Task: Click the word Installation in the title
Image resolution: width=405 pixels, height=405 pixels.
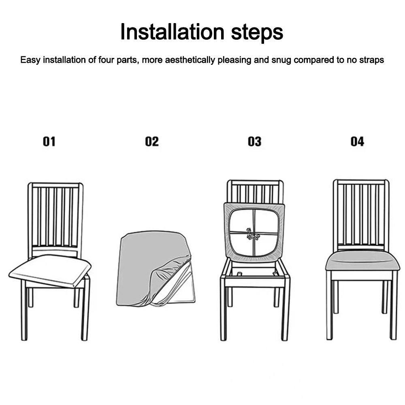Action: tap(172, 32)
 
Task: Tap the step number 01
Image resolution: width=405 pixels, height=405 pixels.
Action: tap(49, 141)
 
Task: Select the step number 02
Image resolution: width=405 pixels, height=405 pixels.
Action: tap(151, 141)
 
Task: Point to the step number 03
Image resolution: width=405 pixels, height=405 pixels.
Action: tap(254, 141)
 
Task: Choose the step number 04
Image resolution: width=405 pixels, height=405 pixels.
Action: tap(357, 141)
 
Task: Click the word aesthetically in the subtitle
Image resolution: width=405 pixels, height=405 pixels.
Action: tap(190, 60)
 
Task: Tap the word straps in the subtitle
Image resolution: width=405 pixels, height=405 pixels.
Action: tap(371, 60)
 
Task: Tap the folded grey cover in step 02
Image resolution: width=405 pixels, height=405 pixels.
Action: tap(155, 269)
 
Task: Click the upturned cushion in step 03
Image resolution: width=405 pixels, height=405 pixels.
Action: tap(254, 232)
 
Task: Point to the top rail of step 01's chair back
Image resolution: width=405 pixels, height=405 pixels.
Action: tap(55, 185)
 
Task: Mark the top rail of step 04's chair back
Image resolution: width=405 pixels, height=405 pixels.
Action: tap(361, 182)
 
